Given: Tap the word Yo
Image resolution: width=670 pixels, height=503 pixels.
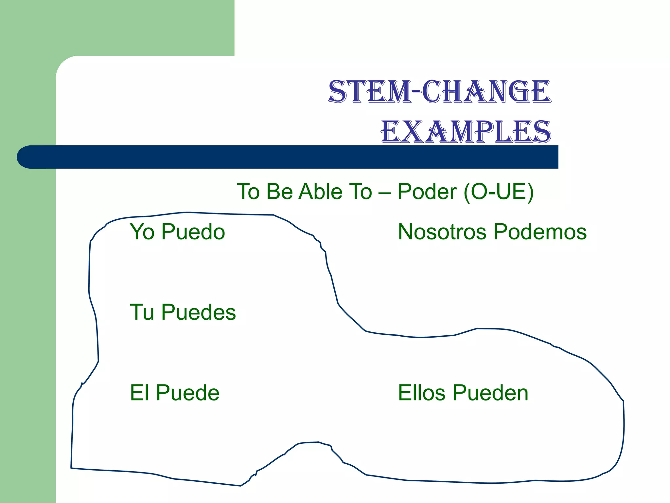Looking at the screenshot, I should pos(142,232).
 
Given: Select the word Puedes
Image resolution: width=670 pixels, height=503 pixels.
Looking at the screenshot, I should pos(198,312).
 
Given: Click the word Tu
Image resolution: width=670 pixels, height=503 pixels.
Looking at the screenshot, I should pos(142,312).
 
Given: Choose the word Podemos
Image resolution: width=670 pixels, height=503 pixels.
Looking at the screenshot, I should pos(540,232).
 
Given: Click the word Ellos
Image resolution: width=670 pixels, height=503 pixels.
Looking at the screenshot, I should pos(421,393).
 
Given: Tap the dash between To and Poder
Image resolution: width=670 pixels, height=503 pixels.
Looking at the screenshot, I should pos(384,192).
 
